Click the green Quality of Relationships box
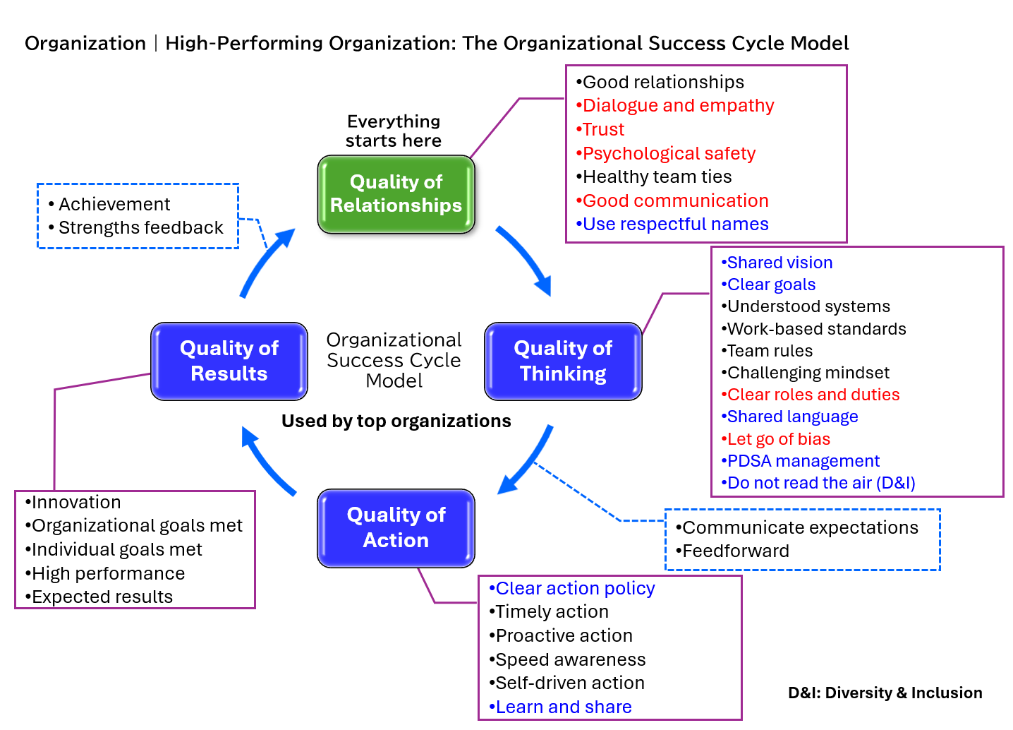(x=396, y=194)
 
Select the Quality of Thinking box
(x=563, y=361)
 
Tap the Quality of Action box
(x=396, y=527)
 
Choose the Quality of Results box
(x=229, y=361)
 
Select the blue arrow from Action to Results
(x=267, y=462)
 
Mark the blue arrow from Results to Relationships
(x=266, y=261)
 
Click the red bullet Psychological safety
(x=668, y=153)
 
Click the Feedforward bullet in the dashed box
(x=734, y=551)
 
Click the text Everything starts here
(x=394, y=131)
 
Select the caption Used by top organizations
(x=396, y=421)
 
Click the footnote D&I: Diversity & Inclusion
(x=885, y=693)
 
